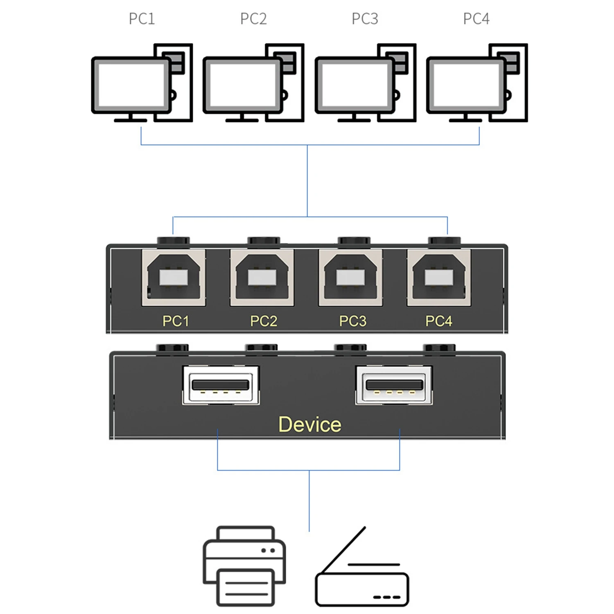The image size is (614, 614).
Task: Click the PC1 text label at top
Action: click(x=142, y=19)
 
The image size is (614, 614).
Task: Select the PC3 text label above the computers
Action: click(x=365, y=19)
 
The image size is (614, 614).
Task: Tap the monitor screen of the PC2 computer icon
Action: click(x=242, y=85)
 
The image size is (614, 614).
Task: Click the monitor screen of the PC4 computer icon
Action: click(x=466, y=85)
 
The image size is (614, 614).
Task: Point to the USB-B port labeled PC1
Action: click(x=174, y=278)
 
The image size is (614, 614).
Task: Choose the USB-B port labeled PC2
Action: click(x=262, y=278)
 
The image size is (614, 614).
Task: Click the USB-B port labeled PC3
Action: click(x=350, y=278)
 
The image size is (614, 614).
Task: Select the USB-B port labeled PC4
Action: click(x=439, y=278)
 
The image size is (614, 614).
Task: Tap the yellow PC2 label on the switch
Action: click(x=264, y=321)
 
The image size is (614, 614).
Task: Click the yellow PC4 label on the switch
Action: click(x=439, y=321)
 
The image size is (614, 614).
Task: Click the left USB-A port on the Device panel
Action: click(x=221, y=385)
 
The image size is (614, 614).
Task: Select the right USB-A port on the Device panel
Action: click(x=394, y=385)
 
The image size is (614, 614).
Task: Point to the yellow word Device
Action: click(x=309, y=424)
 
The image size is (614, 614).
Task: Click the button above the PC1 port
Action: click(x=174, y=241)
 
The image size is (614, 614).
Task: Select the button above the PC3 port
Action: click(x=354, y=241)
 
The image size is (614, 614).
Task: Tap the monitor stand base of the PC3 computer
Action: click(x=354, y=120)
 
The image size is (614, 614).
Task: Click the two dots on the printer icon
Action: click(x=268, y=551)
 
